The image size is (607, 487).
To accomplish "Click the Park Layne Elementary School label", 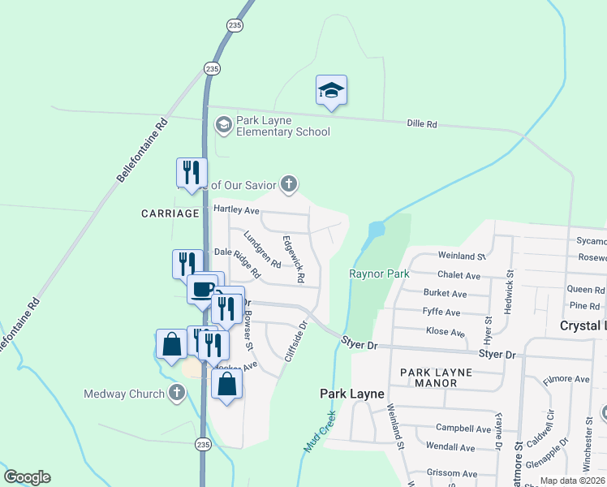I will pos(282,126).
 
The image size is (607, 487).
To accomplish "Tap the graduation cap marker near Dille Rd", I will pos(331,90).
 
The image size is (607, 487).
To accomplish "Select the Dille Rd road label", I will pos(421,124).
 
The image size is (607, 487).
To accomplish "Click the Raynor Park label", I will pos(379,274).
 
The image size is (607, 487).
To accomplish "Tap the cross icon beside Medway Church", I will pos(177,394).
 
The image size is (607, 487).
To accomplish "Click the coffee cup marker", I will pos(202,288).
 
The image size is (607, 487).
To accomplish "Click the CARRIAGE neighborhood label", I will pos(170,213).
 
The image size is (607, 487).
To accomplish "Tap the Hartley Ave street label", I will pos(235,209).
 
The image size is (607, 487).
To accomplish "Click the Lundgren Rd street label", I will pos(261,252).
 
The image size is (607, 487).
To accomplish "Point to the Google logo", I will pos(27,477).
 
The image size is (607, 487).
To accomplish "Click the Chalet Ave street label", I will pos(458,276).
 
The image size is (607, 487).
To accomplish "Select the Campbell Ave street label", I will pos(463,429).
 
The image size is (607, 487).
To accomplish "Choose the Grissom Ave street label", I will pos(452,473).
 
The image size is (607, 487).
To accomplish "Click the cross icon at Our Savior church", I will pos(288,184).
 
